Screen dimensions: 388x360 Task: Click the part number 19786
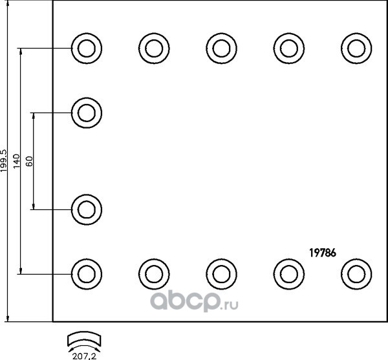click(323, 253)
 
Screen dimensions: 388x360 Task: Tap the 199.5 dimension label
click(5, 161)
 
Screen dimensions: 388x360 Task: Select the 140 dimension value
click(16, 161)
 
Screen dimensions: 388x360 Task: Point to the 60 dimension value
click(29, 161)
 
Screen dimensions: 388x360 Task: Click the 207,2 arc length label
click(84, 356)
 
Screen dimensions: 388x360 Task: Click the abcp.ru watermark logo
click(194, 301)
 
